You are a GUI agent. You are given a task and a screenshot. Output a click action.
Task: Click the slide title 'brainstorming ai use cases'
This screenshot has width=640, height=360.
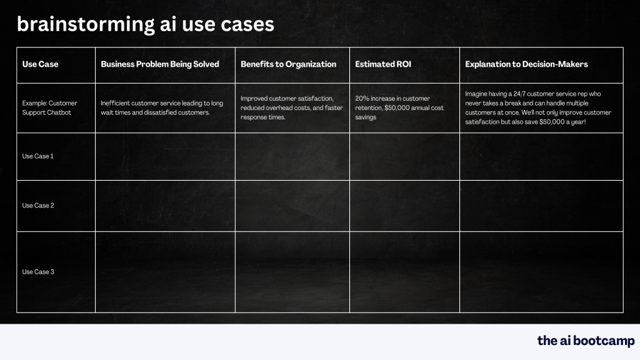click(x=145, y=24)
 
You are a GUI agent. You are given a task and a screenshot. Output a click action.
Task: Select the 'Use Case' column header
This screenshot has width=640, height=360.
click(x=40, y=64)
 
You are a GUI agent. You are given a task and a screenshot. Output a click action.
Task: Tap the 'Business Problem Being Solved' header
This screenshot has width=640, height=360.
click(x=160, y=64)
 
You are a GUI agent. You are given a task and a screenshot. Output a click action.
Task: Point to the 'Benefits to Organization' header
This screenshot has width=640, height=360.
click(x=288, y=64)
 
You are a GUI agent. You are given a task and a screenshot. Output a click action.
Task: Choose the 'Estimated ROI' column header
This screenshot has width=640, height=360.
click(x=383, y=64)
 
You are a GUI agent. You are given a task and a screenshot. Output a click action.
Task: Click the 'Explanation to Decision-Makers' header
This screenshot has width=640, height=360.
click(x=526, y=64)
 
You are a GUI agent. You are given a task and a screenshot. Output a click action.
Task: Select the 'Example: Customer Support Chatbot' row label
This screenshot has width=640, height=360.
click(x=49, y=107)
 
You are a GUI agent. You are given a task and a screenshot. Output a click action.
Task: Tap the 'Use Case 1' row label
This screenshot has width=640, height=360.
click(x=38, y=156)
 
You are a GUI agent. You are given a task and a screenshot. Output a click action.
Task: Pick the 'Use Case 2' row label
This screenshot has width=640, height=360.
click(x=38, y=206)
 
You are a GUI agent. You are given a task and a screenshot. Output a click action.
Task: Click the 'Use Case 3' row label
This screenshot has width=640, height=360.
click(x=38, y=272)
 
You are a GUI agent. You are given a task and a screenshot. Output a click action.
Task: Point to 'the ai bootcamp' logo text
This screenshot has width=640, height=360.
click(x=586, y=341)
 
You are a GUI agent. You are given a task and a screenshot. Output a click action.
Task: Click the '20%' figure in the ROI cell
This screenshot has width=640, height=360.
click(x=362, y=98)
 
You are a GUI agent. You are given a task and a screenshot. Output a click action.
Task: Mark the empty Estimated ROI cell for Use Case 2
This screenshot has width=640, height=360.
click(x=404, y=206)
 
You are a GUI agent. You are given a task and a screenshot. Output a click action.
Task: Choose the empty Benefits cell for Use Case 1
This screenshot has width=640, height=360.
click(x=292, y=156)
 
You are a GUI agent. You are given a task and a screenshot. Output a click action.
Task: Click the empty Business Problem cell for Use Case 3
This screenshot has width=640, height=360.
click(x=165, y=272)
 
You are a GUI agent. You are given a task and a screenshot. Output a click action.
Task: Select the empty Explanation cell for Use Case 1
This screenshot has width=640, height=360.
click(x=541, y=156)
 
